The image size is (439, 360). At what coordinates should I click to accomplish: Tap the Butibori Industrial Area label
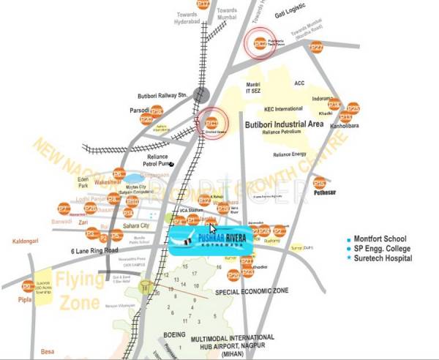point(285,124)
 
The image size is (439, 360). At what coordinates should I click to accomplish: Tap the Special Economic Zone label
point(252,291)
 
